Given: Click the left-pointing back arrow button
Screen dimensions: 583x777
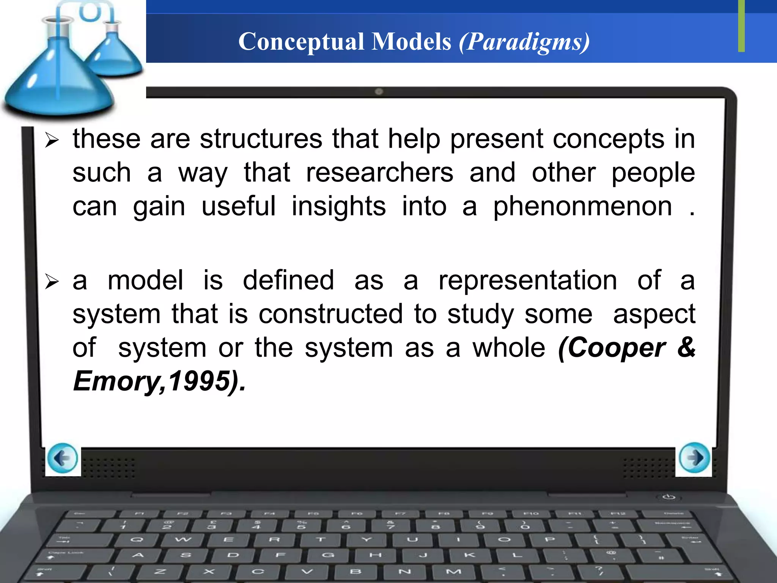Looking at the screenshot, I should (63, 459).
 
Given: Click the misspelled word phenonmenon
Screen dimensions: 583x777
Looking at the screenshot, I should (582, 207).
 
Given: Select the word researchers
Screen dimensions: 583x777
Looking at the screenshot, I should (379, 173).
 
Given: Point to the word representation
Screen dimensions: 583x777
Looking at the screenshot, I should (528, 281).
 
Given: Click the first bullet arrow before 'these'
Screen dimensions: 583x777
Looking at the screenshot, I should (52, 140).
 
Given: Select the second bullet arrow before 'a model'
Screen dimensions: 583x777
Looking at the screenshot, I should (52, 282).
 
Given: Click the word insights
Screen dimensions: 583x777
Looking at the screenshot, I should (338, 207).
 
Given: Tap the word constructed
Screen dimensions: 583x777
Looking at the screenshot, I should (330, 314).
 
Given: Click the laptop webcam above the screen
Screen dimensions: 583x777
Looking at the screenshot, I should (379, 91).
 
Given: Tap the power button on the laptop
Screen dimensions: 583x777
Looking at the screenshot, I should (668, 497).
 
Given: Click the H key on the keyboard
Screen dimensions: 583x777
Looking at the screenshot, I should (375, 555).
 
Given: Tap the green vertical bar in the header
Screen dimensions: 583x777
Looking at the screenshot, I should (741, 26).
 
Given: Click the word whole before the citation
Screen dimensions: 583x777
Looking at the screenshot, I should (508, 348).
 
